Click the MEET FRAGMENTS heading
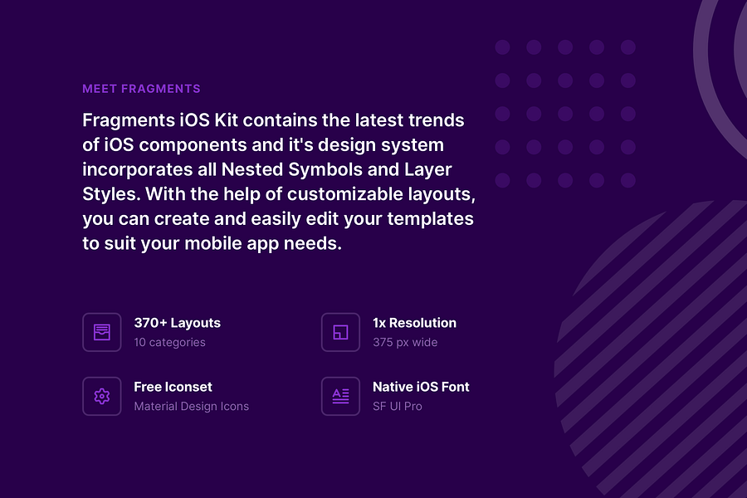click(141, 89)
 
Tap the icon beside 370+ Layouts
click(102, 332)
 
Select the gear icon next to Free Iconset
click(102, 396)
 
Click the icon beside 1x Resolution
click(340, 332)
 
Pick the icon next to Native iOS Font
click(340, 396)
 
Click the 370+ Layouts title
click(177, 323)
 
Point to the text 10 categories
click(169, 342)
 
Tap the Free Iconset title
click(173, 387)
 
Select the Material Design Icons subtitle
click(191, 407)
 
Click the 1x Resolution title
click(414, 323)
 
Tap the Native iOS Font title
click(421, 387)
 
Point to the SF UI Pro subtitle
click(397, 407)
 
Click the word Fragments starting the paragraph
click(128, 120)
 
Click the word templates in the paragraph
click(432, 220)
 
